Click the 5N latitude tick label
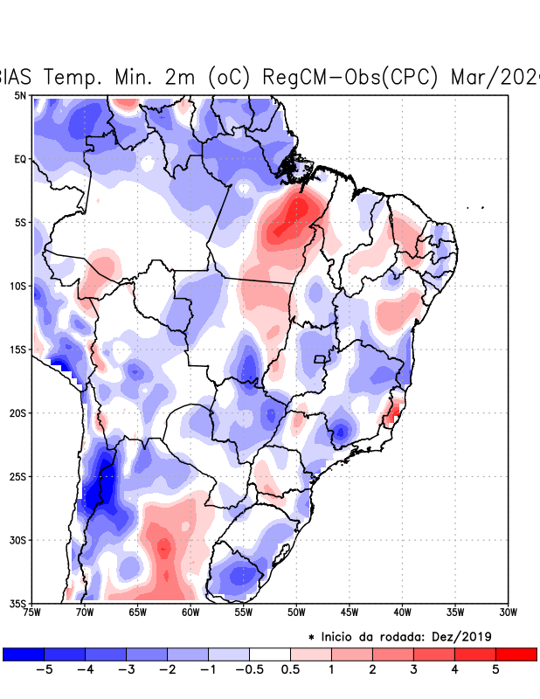20,95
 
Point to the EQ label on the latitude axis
20,159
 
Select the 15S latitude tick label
18,349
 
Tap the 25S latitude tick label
18,476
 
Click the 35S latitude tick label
18,603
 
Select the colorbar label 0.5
290,669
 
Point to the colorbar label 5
495,669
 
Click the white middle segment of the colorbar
270,654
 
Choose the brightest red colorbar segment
516,654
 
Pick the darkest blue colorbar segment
24,654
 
